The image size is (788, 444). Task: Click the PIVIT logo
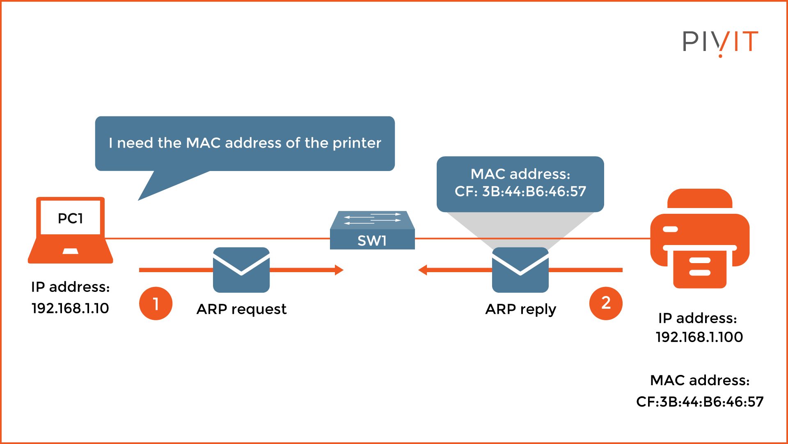point(720,42)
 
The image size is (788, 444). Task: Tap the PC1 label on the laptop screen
point(70,218)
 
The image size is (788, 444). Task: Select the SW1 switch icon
point(372,231)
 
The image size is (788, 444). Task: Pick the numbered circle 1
point(156,303)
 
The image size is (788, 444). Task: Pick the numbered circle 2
point(606,303)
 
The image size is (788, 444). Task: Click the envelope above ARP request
point(241,270)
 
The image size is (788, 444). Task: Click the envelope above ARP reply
point(520,270)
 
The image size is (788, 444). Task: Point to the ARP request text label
point(241,309)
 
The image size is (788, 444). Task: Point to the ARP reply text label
point(520,309)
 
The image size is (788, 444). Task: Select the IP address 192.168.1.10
point(70,308)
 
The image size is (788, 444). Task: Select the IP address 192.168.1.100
point(699,337)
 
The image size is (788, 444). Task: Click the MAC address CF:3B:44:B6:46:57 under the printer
point(700,402)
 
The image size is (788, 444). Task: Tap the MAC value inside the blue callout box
point(520,192)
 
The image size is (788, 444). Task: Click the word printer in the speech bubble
point(357,143)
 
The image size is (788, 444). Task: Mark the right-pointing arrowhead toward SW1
point(339,270)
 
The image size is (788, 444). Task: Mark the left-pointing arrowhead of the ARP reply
point(423,270)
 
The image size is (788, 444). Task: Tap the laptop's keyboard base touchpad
point(70,251)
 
